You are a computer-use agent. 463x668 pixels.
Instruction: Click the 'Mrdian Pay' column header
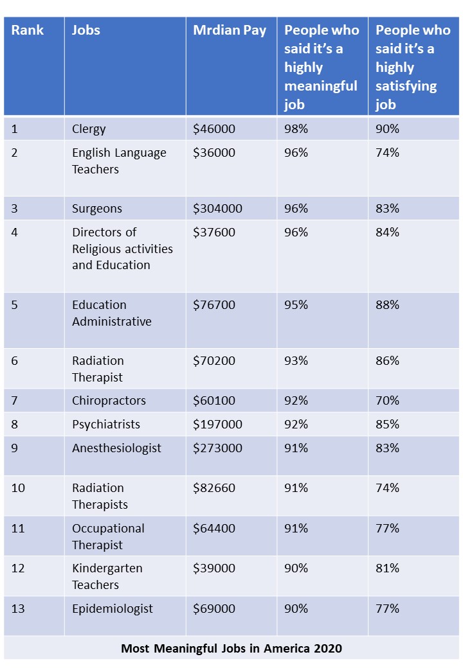[x=230, y=30]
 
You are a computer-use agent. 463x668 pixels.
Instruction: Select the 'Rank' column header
[x=27, y=30]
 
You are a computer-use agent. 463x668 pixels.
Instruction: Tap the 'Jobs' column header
[x=86, y=30]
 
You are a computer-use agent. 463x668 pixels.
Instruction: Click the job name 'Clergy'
[x=89, y=129]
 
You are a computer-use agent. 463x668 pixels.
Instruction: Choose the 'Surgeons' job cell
[x=96, y=209]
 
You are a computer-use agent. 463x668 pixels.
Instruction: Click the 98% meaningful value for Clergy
[x=296, y=129]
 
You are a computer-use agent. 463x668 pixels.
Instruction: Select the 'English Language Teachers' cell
[x=119, y=161]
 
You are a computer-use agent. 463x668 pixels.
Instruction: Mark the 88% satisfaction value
[x=387, y=305]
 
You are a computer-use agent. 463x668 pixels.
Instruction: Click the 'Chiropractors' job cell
[x=109, y=401]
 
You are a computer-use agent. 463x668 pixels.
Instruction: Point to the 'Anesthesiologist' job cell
[x=116, y=448]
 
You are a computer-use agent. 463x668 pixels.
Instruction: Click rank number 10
[x=18, y=488]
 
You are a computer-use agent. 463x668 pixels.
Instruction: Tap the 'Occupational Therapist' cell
[x=108, y=536]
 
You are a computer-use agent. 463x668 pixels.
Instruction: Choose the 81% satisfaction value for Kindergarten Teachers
[x=387, y=568]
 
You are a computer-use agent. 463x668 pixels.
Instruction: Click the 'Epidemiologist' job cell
[x=113, y=609]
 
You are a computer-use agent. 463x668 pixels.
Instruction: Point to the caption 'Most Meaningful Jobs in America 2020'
[x=232, y=649]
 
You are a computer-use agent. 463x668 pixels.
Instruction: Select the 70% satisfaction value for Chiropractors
[x=387, y=401]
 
